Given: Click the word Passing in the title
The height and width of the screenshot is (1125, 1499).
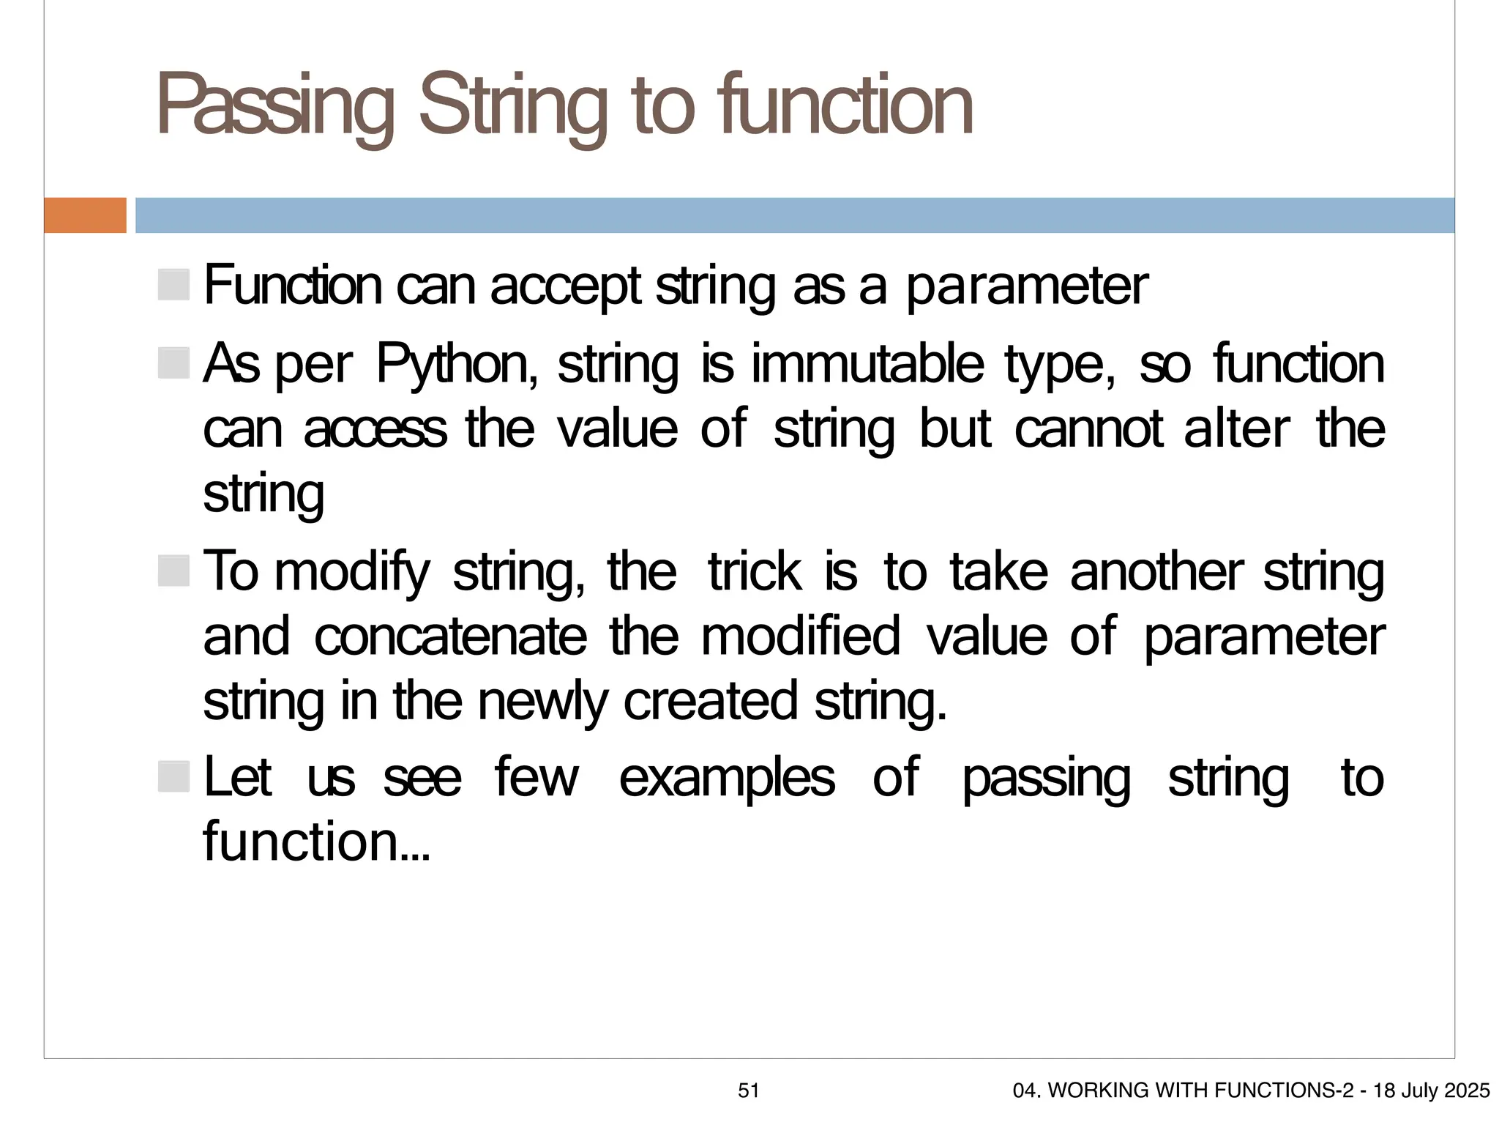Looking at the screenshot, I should (274, 106).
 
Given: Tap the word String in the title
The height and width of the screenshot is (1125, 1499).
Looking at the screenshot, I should (512, 106).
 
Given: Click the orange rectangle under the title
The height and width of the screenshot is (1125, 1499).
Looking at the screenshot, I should (85, 215).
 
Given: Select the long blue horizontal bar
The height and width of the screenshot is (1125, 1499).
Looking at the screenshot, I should (795, 215).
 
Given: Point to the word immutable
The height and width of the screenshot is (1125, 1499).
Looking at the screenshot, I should (867, 364).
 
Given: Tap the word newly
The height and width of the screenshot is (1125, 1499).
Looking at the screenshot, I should (542, 701).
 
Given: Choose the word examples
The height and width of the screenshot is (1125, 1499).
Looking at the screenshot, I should (727, 778).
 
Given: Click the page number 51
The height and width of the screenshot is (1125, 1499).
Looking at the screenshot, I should (749, 1091).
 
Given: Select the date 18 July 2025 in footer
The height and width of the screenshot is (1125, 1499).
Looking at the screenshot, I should (1431, 1091).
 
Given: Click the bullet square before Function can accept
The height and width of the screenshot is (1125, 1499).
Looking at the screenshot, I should (173, 284).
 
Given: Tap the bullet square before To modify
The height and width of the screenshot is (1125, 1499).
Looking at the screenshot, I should (173, 571).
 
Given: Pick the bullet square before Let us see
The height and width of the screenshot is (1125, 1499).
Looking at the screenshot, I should (173, 776).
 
